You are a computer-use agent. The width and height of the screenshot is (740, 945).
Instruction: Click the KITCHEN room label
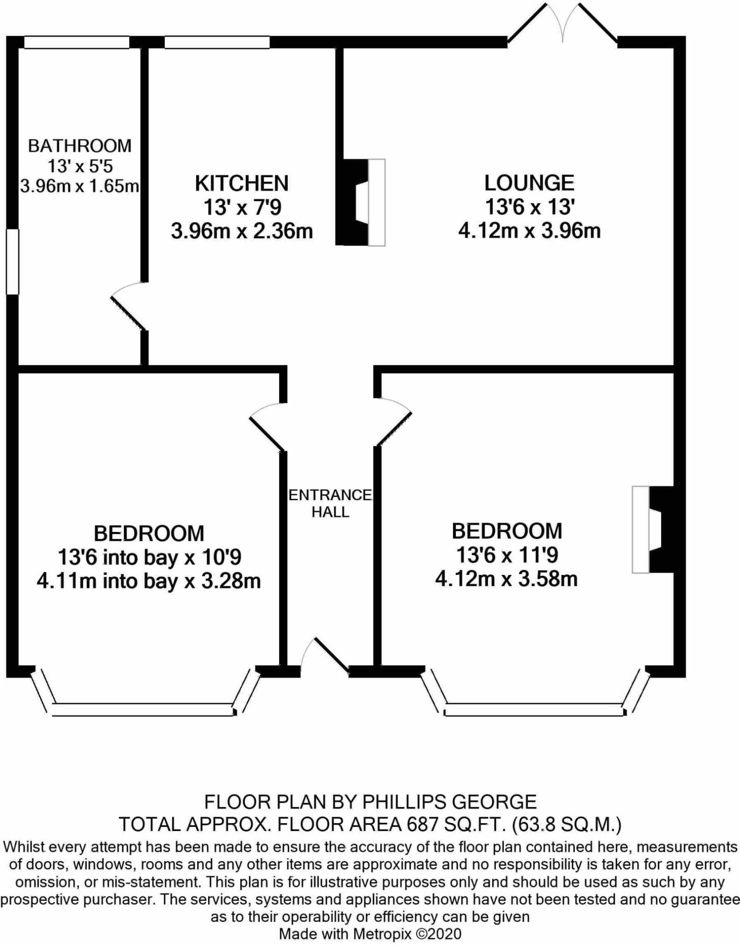241,183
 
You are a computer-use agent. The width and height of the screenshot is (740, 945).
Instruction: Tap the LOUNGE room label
529,183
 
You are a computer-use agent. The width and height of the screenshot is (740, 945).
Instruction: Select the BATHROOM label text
80,146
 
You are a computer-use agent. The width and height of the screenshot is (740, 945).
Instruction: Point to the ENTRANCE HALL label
330,504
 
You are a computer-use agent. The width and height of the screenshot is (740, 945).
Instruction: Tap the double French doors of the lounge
563,24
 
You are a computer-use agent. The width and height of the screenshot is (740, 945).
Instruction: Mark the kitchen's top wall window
217,42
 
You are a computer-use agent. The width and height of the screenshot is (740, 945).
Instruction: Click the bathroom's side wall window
13,261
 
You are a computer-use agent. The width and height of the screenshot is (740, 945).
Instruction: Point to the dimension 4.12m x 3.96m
529,231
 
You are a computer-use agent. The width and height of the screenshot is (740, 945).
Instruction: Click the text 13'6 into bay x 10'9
149,557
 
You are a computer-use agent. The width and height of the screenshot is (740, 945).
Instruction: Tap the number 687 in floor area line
419,825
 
